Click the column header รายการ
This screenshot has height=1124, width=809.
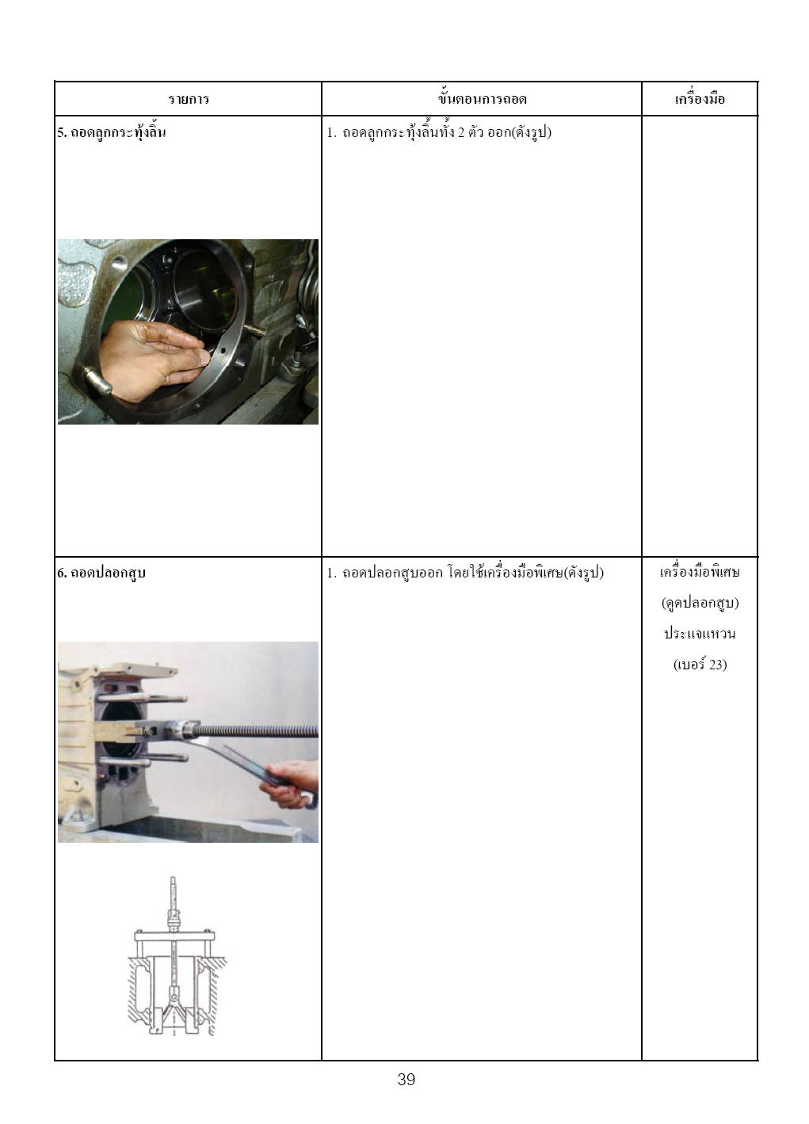189,99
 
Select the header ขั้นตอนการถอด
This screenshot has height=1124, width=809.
482,98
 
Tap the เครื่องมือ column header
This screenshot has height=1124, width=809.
700,98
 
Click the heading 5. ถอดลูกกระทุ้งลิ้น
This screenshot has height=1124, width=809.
111,132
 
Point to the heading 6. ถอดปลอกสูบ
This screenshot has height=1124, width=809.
101,573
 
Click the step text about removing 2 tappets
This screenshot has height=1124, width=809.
439,132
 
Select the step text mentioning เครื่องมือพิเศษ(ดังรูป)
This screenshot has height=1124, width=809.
465,573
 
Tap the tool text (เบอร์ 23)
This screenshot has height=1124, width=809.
700,665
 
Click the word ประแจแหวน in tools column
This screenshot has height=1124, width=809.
700,633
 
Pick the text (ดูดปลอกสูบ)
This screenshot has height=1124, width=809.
700,603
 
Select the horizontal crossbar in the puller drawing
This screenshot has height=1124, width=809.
174,935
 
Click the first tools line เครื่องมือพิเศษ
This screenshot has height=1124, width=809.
700,572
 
